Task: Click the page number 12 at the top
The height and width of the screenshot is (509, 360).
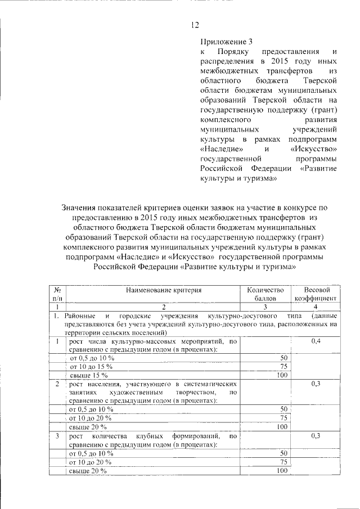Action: (x=195, y=24)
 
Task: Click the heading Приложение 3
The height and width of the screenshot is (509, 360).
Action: (x=223, y=42)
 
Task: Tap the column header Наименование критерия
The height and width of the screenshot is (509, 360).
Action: (x=163, y=290)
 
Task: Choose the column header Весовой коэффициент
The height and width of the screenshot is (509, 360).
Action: (x=316, y=294)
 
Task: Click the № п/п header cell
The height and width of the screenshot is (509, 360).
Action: (x=57, y=294)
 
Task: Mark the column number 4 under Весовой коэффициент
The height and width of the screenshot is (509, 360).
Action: (x=316, y=307)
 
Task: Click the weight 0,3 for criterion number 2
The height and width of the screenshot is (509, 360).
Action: (x=316, y=384)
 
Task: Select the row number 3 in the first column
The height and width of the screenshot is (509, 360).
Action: (x=57, y=436)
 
